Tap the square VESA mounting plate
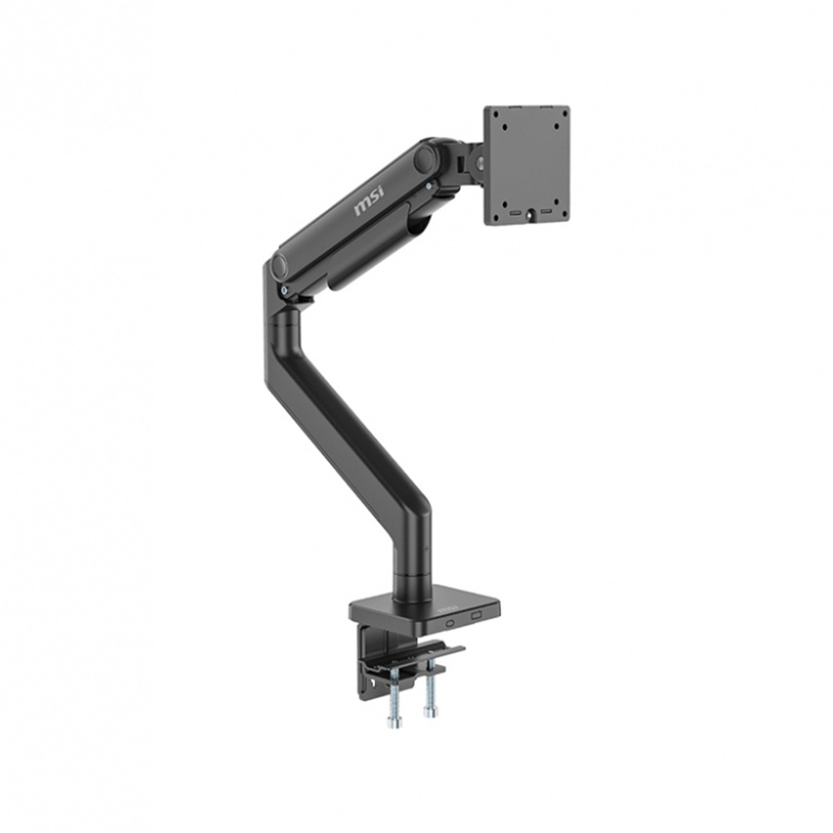click(x=526, y=164)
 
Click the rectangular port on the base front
click(x=477, y=616)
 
